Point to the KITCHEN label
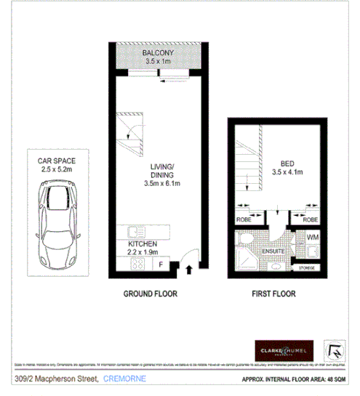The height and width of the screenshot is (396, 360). click(143, 245)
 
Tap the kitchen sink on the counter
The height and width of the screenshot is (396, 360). click(135, 233)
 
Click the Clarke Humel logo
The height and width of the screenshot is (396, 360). click(283, 349)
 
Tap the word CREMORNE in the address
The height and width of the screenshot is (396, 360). click(126, 379)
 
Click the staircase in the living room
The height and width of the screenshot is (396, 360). click(132, 134)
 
